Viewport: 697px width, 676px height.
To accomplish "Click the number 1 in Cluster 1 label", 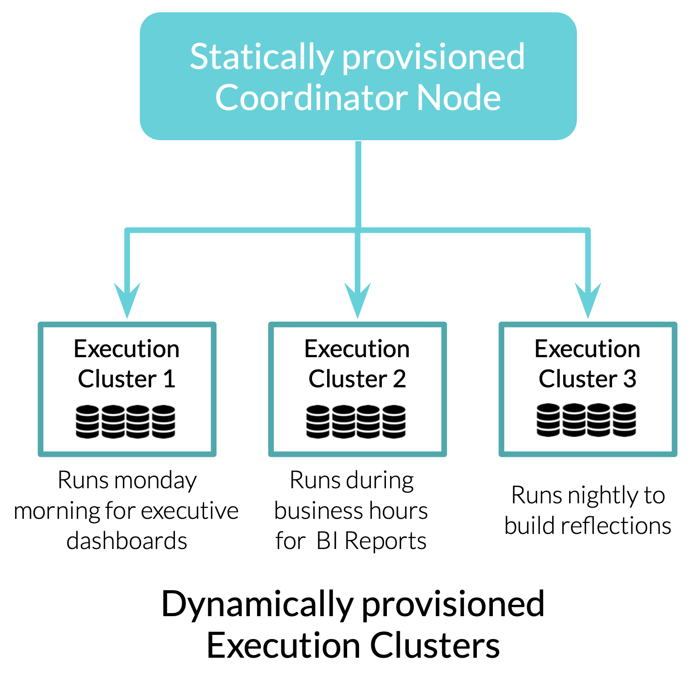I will coord(169,379).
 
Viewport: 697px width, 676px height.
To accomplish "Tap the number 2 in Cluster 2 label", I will coord(399,379).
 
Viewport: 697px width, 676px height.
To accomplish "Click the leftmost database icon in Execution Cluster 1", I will coord(87,422).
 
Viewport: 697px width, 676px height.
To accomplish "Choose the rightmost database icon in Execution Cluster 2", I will coord(394,422).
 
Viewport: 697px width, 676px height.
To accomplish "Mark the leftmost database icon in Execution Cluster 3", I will coord(548,420).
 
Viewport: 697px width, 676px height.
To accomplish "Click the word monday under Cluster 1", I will coord(156,481).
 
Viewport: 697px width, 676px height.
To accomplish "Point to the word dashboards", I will coord(127,541).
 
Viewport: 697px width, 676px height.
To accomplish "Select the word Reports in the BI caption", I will coord(385,541).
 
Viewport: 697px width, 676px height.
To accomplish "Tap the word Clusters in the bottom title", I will coord(434,645).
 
